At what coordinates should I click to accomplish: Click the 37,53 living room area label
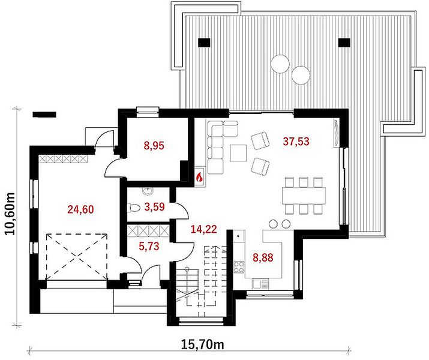pyautogui.click(x=296, y=142)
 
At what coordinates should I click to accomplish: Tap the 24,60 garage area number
pyautogui.click(x=81, y=209)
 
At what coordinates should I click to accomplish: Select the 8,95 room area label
pyautogui.click(x=154, y=146)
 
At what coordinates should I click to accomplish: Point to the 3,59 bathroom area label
pyautogui.click(x=155, y=207)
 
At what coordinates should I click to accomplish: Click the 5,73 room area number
pyautogui.click(x=149, y=247)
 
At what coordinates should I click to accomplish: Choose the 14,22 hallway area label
pyautogui.click(x=204, y=229)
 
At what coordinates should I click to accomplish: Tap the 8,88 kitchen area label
pyautogui.click(x=263, y=257)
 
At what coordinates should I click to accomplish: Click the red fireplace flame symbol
pyautogui.click(x=199, y=177)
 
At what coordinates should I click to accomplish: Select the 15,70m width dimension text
pyautogui.click(x=202, y=344)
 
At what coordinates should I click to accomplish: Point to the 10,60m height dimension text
pyautogui.click(x=10, y=214)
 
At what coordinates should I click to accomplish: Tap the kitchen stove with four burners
pyautogui.click(x=239, y=267)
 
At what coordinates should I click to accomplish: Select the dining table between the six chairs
pyautogui.click(x=304, y=196)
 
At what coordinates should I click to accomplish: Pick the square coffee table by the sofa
pyautogui.click(x=238, y=153)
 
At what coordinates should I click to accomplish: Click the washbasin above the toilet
pyautogui.click(x=148, y=191)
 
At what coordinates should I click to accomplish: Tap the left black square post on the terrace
pyautogui.click(x=204, y=43)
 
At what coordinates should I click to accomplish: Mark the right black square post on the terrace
pyautogui.click(x=344, y=43)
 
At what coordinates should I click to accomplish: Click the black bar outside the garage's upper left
pyautogui.click(x=44, y=115)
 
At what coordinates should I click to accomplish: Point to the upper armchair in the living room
pyautogui.click(x=260, y=140)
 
